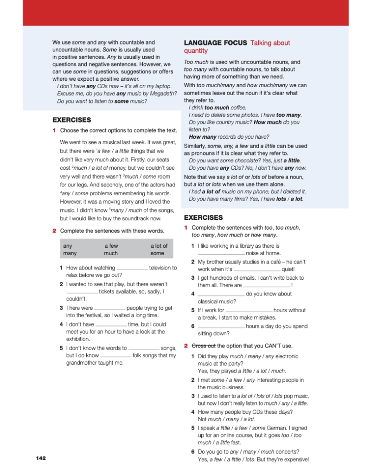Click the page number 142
coord(41,458)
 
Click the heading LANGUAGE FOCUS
coord(215,43)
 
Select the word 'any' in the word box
coord(67,246)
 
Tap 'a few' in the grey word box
coord(111,246)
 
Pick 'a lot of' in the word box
coord(159,246)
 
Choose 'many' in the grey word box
coord(70,253)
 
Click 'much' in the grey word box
coord(111,253)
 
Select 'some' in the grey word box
coord(157,253)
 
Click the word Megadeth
coord(164,94)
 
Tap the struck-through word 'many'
coord(255,356)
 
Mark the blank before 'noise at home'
coord(221,254)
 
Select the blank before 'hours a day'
coord(221,327)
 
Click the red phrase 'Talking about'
coord(270,43)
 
